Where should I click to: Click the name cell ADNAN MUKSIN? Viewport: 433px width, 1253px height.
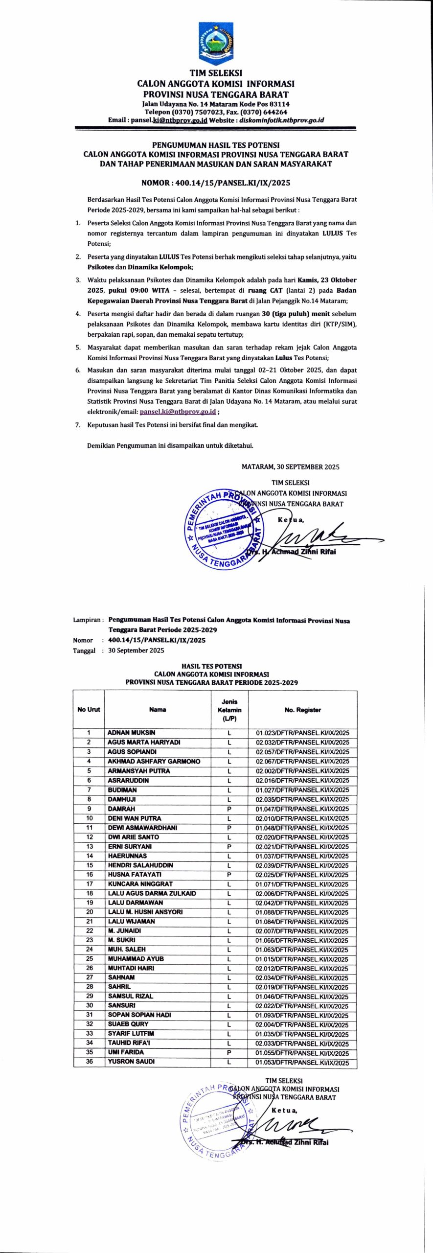132,733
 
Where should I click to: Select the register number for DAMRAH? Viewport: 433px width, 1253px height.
302,809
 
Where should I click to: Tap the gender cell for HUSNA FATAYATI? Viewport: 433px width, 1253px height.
229,874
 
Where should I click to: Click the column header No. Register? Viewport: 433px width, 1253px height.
302,710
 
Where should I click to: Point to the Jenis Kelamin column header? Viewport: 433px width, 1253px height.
229,710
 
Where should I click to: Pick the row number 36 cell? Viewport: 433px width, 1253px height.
90,1061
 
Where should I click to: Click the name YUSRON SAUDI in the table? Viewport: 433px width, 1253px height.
132,1061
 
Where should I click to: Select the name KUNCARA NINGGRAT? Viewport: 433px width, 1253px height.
140,884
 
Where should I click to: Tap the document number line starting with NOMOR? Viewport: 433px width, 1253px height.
216,183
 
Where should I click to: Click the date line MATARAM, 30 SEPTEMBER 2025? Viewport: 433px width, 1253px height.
290,467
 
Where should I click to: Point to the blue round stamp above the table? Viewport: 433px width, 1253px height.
223,529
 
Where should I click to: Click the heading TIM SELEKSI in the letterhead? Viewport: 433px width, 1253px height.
216,73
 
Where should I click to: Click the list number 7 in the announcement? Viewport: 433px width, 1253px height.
78,425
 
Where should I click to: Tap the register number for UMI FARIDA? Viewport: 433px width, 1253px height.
302,1052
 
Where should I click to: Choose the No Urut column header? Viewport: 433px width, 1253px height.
89,710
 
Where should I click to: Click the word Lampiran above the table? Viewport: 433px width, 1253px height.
87,620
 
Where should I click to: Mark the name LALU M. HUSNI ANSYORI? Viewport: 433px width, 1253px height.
145,912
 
